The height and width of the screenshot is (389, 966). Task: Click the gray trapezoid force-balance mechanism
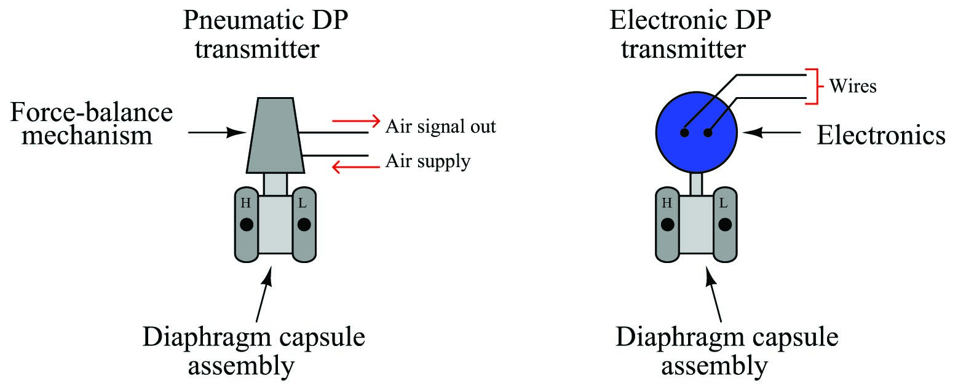275,135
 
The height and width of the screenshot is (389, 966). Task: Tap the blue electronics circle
696,132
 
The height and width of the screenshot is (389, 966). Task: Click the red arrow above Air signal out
356,120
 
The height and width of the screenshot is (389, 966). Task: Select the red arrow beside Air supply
356,167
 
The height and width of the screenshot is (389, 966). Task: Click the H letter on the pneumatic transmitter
246,202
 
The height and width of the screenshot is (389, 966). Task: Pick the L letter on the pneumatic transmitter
303,202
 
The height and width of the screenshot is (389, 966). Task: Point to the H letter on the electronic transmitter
667,202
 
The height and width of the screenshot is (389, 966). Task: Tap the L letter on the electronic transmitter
724,202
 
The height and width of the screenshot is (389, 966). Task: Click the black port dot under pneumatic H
247,224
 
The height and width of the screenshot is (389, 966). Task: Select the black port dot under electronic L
725,224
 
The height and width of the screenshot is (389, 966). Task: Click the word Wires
853,85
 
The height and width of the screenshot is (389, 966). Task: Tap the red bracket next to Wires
814,86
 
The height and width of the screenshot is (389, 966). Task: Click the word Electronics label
881,135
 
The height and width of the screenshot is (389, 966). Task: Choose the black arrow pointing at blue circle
772,132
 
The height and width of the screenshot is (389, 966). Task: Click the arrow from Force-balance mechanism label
217,132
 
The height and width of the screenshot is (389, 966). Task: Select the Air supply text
428,161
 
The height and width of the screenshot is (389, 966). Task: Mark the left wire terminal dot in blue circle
684,133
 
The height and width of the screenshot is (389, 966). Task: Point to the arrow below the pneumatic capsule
264,294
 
